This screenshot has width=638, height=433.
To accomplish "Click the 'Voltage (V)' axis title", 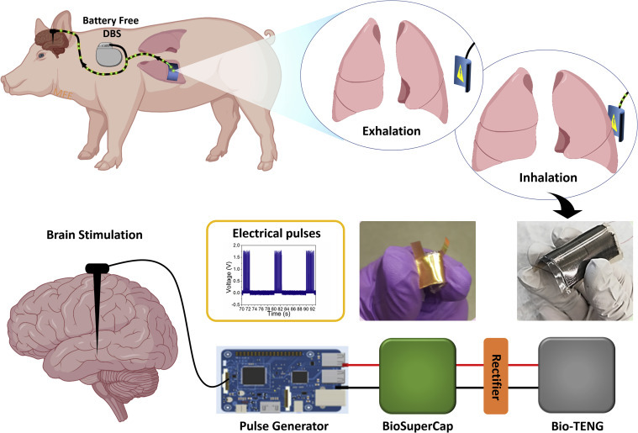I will tap(219, 272).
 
